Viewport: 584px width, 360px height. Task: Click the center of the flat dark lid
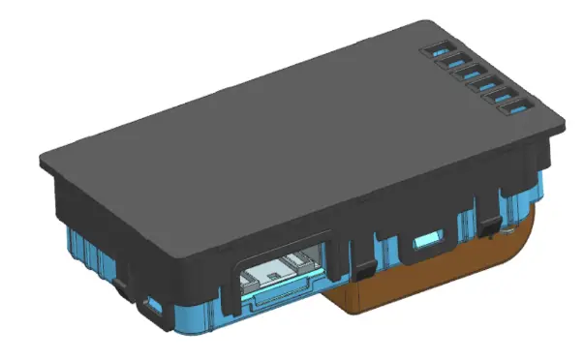pos(291,135)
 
